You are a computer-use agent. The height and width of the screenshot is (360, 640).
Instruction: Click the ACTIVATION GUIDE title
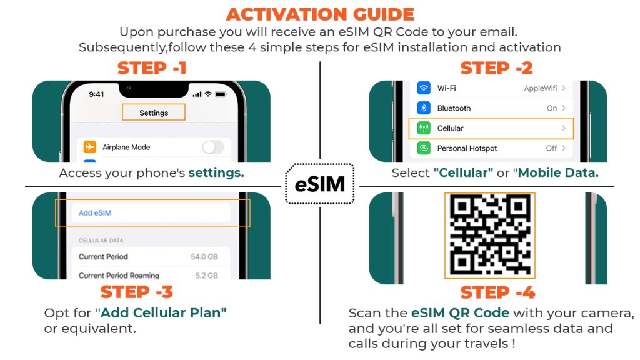pyautogui.click(x=320, y=15)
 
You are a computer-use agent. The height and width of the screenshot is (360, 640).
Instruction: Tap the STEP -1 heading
pyautogui.click(x=152, y=68)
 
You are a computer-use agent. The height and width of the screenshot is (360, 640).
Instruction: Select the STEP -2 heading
pyautogui.click(x=496, y=68)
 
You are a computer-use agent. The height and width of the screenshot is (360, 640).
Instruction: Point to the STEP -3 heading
pyautogui.click(x=137, y=292)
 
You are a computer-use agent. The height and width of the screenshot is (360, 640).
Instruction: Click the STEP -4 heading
pyautogui.click(x=497, y=292)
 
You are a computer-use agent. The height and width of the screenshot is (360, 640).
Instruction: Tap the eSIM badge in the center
pyautogui.click(x=319, y=184)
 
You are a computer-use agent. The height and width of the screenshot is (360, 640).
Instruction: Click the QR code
pyautogui.click(x=490, y=235)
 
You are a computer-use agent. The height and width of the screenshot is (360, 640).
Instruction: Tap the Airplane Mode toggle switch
pyautogui.click(x=213, y=147)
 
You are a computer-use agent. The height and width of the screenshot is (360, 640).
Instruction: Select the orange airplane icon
pyautogui.click(x=90, y=146)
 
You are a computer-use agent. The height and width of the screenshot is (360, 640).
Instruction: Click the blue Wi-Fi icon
pyautogui.click(x=424, y=87)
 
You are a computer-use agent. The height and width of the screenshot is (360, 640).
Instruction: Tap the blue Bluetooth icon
pyautogui.click(x=424, y=107)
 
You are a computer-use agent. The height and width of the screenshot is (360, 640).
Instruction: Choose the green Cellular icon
pyautogui.click(x=424, y=128)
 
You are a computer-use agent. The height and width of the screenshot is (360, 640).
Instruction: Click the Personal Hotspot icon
pyautogui.click(x=424, y=148)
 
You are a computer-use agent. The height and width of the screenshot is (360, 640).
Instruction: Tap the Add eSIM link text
pyautogui.click(x=95, y=212)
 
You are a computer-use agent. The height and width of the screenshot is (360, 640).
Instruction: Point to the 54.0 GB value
pyautogui.click(x=204, y=257)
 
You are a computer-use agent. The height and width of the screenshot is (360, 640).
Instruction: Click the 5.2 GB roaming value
pyautogui.click(x=206, y=276)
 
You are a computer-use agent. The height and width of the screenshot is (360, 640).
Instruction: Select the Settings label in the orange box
pyautogui.click(x=154, y=112)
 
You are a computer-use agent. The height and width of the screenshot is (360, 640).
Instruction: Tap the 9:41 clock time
pyautogui.click(x=96, y=94)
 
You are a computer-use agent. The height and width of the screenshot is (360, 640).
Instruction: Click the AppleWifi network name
pyautogui.click(x=541, y=88)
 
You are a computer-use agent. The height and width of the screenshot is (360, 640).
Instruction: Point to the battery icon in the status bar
pyautogui.click(x=221, y=94)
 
